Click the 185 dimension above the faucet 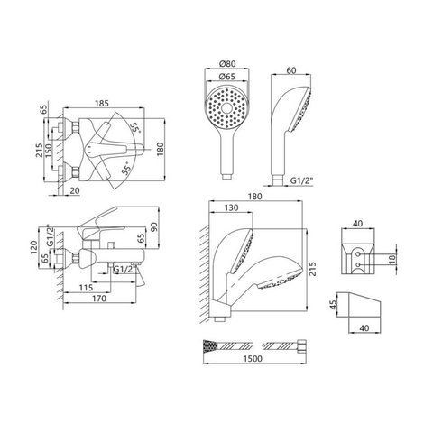point(102,104)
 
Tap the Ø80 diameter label point(227,64)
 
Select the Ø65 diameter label point(227,77)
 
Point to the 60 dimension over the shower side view point(291,70)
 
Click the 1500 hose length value point(253,359)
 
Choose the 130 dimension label point(231,207)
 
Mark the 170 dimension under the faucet point(99,299)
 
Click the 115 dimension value point(86,288)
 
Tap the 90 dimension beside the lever point(153,227)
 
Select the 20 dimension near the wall point(74,190)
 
